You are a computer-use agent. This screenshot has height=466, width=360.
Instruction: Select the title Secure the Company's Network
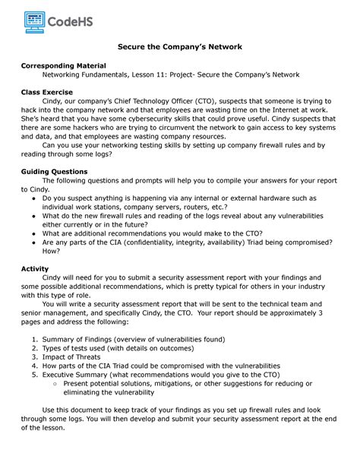click(x=179, y=47)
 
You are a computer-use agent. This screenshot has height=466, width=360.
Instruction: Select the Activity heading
click(x=37, y=269)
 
